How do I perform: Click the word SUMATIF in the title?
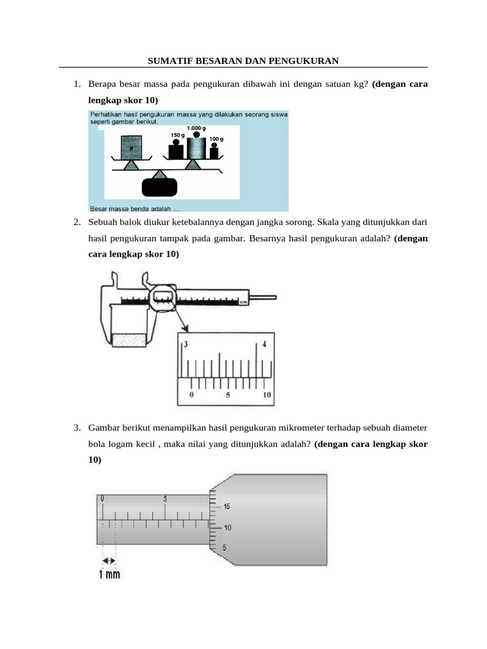[x=169, y=61]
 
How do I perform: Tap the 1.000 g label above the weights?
[x=197, y=128]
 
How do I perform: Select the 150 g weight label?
[x=178, y=135]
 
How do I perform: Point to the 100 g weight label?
[x=217, y=138]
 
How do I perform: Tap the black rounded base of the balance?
[x=160, y=188]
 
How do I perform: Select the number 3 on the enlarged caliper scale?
[x=186, y=344]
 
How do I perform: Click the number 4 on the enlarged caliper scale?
[x=264, y=344]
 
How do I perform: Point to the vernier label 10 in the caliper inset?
[x=267, y=395]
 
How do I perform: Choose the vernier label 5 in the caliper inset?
[x=229, y=395]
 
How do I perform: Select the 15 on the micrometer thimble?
[x=226, y=506]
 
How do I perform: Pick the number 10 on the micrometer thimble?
[x=226, y=527]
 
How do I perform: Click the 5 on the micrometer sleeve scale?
[x=165, y=499]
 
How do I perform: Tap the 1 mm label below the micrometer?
[x=109, y=575]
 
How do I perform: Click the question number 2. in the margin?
[x=76, y=222]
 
